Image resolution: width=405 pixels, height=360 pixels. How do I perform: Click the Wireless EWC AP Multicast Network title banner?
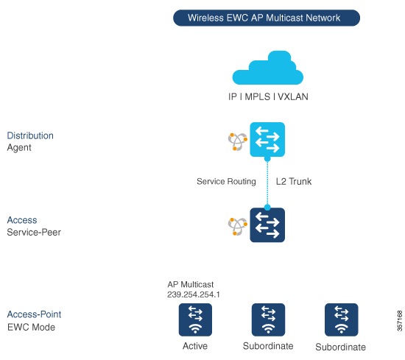click(266, 18)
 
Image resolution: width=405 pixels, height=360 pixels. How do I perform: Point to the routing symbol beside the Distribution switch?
click(237, 141)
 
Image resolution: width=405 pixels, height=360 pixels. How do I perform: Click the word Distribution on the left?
click(30, 135)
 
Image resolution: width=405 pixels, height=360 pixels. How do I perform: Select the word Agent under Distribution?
click(19, 147)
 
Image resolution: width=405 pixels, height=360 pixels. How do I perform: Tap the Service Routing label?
click(226, 181)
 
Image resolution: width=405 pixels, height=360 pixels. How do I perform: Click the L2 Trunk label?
click(294, 181)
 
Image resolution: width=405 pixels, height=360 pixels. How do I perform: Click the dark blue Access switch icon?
click(267, 225)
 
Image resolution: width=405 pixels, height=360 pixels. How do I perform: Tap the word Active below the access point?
click(194, 346)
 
